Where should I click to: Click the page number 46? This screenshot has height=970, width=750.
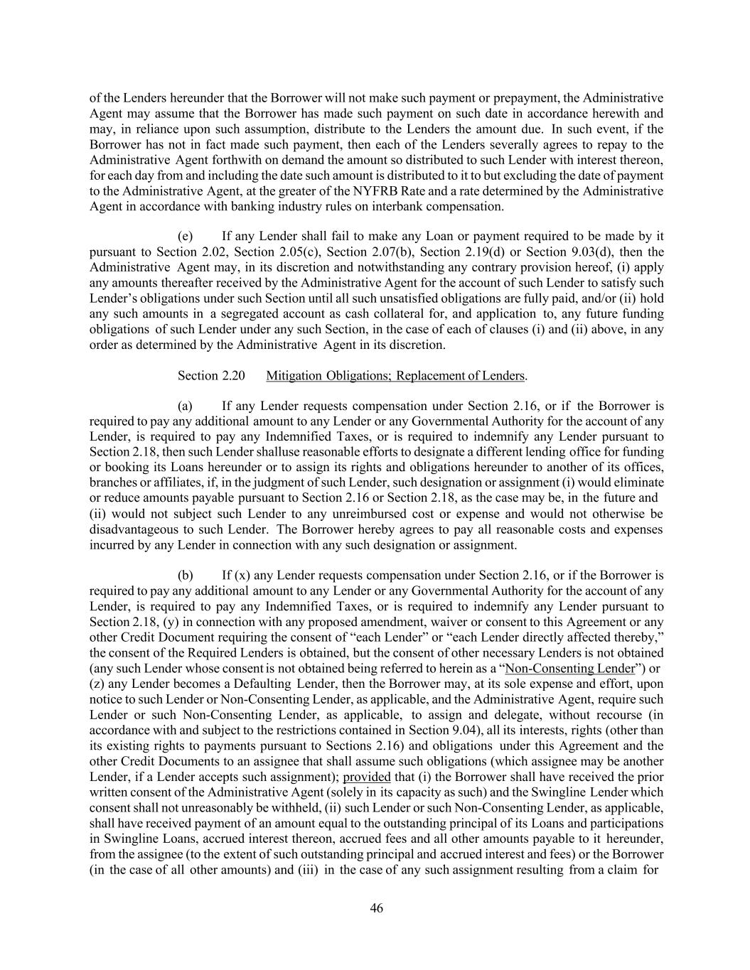pos(376,907)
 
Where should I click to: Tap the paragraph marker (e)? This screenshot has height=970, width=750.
pos(185,237)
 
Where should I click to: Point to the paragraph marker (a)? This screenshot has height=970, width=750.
pos(185,406)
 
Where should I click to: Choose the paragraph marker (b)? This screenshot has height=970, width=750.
pos(185,575)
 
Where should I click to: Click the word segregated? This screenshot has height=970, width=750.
pos(238,314)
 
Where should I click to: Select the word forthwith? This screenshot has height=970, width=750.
pos(232,161)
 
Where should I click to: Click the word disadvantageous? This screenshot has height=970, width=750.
pos(134,529)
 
